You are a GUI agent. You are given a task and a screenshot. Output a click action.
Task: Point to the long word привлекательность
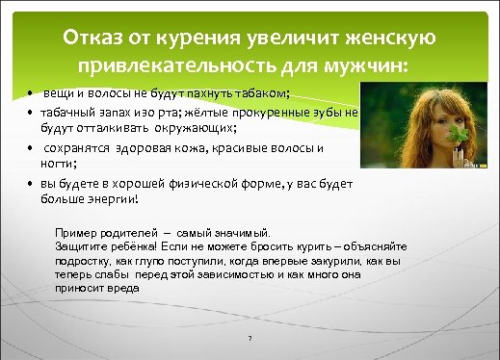[183, 67]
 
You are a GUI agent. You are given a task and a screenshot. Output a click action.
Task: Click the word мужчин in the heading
[361, 67]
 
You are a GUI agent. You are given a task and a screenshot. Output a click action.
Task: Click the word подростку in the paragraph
[84, 260]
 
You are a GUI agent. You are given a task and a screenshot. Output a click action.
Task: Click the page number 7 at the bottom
[250, 338]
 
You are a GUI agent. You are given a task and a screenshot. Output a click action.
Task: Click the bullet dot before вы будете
[31, 185]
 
